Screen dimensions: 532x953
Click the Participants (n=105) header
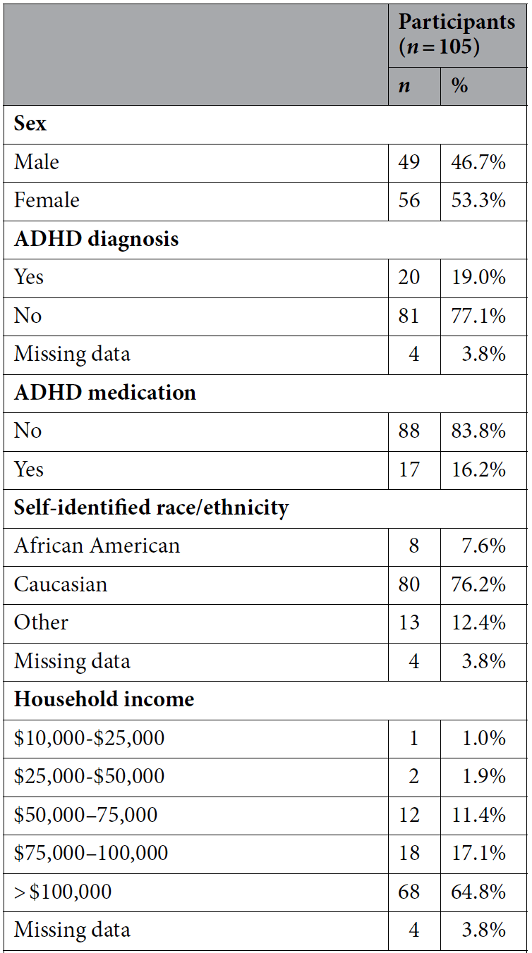point(457,34)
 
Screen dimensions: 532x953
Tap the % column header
point(459,85)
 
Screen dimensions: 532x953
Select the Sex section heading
point(30,124)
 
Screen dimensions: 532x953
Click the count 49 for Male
point(409,162)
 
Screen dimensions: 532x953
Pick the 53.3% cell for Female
point(478,200)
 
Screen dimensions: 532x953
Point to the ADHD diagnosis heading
point(96,239)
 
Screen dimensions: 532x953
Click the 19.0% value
point(478,278)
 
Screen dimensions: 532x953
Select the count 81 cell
point(409,316)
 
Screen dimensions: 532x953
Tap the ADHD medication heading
point(105,392)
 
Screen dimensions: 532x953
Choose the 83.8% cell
point(478,431)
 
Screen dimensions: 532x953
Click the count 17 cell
point(409,469)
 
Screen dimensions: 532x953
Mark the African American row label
point(97,546)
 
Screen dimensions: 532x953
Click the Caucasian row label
point(61,584)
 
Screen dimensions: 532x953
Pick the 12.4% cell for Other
point(478,623)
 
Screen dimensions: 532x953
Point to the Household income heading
point(104,699)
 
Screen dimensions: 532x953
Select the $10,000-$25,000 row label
point(89,738)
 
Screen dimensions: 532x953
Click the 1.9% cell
point(484,777)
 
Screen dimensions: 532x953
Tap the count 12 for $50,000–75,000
point(409,815)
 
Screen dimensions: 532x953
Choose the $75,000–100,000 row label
point(91,853)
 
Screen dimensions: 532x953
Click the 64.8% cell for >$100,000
point(478,892)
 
